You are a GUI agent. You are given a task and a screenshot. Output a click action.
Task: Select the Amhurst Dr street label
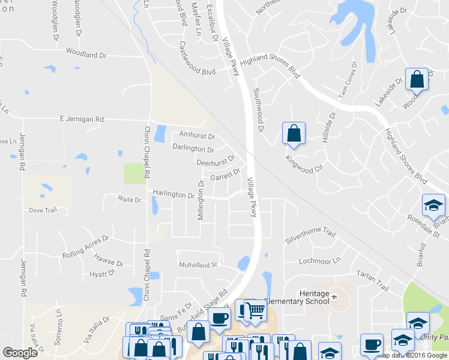(x=197, y=136)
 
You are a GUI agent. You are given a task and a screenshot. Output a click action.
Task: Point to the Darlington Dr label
(x=193, y=149)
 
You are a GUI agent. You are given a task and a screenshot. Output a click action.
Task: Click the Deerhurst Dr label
(x=215, y=162)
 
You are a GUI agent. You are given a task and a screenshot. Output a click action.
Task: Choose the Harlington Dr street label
(x=173, y=195)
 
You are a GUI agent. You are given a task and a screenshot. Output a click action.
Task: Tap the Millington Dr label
(x=202, y=200)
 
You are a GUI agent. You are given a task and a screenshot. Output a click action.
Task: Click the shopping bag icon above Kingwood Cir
(x=294, y=134)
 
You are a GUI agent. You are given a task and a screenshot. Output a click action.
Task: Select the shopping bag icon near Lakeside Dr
(x=416, y=79)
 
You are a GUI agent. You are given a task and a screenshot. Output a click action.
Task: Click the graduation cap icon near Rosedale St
(x=433, y=205)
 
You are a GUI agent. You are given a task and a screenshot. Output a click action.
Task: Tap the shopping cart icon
(x=255, y=310)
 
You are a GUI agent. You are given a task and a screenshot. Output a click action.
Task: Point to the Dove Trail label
(x=43, y=210)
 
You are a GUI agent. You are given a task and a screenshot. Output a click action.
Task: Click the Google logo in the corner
(x=20, y=353)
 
